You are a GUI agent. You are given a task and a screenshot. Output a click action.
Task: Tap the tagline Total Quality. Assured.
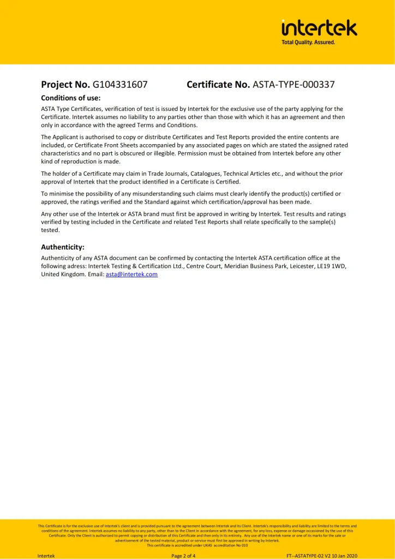[x=308, y=42]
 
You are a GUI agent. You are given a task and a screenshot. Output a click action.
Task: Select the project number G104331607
[x=120, y=85]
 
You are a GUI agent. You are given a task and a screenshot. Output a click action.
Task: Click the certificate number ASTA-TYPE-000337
[x=294, y=85]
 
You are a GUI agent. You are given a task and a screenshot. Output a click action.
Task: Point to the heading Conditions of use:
[x=71, y=98]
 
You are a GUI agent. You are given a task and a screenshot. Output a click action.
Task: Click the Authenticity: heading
[x=63, y=247]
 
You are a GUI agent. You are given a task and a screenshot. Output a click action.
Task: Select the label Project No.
[x=65, y=85]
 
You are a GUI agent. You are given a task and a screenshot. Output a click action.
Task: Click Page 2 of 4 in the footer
[x=183, y=556]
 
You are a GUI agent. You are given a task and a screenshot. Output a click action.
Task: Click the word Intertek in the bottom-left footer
[x=46, y=556]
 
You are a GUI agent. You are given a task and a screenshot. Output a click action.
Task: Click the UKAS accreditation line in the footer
[x=197, y=545]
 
